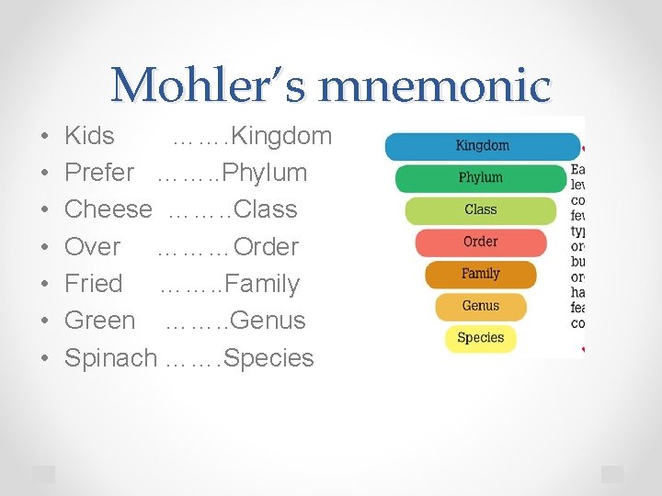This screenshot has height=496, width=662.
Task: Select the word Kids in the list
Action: (x=89, y=136)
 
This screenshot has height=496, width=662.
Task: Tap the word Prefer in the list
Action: (x=99, y=173)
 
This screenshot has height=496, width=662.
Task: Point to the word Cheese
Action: (x=108, y=209)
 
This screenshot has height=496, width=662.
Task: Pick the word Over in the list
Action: (x=92, y=247)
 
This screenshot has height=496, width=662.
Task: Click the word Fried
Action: (x=93, y=284)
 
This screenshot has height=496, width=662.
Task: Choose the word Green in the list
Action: (x=99, y=321)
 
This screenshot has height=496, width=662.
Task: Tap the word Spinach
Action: (x=110, y=358)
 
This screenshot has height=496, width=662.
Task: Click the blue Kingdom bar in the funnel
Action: (x=482, y=146)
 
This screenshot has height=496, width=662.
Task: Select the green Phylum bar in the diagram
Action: (x=481, y=177)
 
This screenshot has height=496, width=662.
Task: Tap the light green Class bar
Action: (x=481, y=209)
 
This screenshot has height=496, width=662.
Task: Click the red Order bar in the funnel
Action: (x=481, y=242)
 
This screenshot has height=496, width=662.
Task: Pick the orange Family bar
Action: (x=481, y=274)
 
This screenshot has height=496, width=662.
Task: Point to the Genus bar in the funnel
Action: (x=481, y=306)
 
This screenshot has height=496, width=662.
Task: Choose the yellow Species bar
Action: (x=481, y=337)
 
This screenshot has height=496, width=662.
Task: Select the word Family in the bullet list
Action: (x=262, y=284)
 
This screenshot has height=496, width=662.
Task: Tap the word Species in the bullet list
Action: (x=268, y=358)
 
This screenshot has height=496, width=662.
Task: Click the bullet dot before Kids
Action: (x=45, y=137)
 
